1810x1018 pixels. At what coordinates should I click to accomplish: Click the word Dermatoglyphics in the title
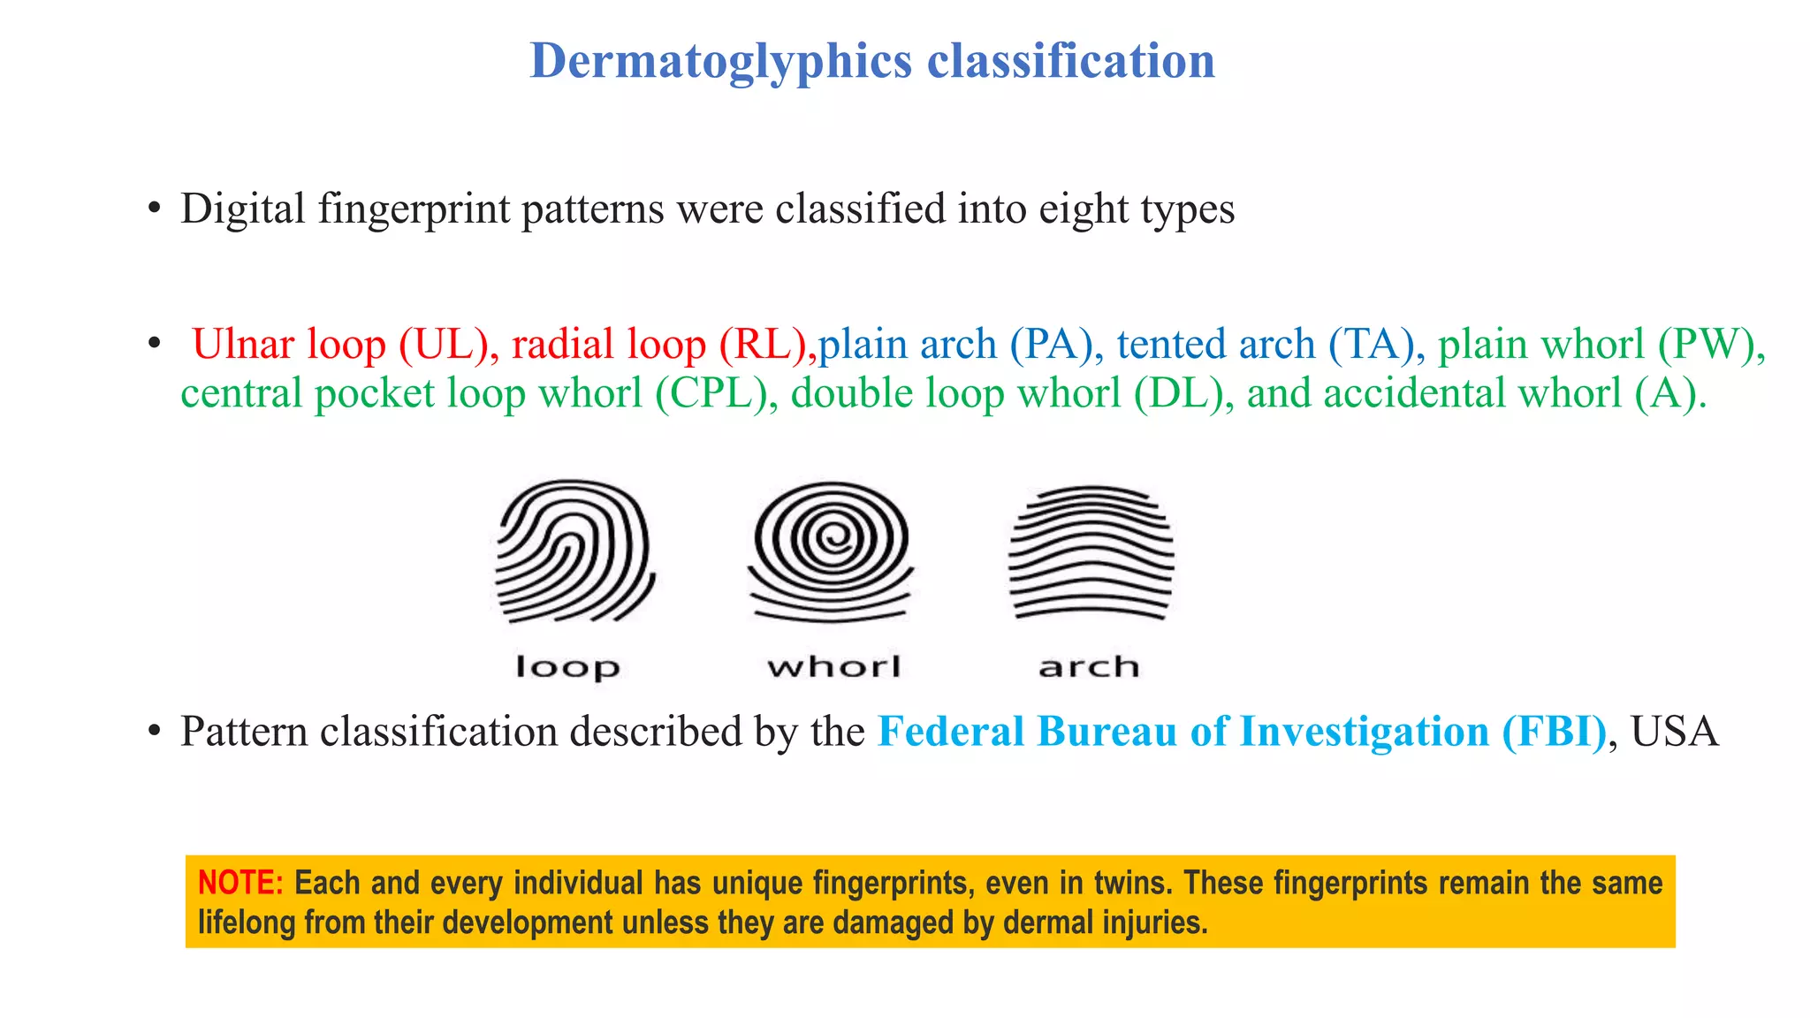click(720, 62)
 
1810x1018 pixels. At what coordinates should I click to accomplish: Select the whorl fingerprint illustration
click(831, 550)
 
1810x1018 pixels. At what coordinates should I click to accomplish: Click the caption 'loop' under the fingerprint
click(567, 667)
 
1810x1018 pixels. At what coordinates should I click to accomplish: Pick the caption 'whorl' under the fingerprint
click(834, 666)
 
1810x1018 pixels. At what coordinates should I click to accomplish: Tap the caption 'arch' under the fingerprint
click(1089, 666)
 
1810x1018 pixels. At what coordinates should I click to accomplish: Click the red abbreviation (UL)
click(443, 345)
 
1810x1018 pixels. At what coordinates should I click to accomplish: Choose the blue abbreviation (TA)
click(1373, 345)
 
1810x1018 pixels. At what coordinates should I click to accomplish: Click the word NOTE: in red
click(240, 883)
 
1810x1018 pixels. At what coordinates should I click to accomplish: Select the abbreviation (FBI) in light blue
click(1554, 732)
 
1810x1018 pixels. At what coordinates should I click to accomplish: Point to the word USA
click(1675, 732)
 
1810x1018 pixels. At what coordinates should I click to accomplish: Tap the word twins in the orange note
click(1133, 883)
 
